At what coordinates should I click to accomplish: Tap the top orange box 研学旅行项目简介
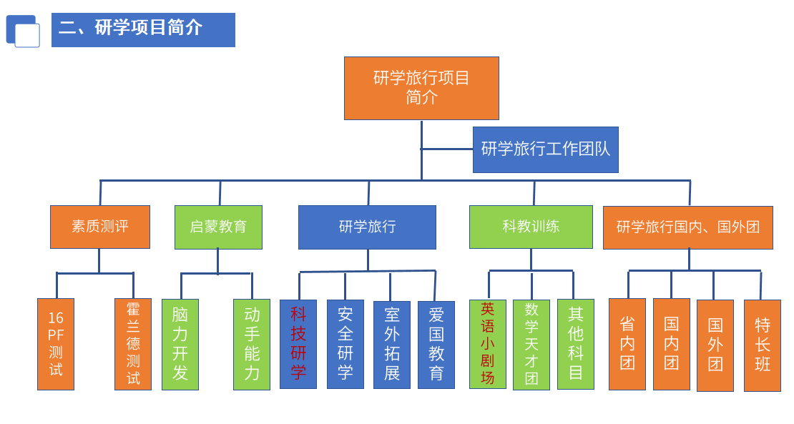tap(421, 88)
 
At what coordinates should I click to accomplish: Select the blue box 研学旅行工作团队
tap(545, 149)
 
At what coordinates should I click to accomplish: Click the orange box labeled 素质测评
tap(100, 227)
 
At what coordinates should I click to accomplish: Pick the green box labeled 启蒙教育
tap(218, 227)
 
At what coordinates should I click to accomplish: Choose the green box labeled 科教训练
tap(531, 227)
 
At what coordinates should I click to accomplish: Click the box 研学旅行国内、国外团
tap(687, 227)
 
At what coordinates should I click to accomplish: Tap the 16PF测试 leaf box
tap(56, 344)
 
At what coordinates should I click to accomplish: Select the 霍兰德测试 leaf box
tap(133, 344)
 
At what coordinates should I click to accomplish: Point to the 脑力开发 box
tap(180, 345)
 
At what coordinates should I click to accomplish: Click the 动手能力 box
tap(252, 345)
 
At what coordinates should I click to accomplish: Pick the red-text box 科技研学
tap(298, 344)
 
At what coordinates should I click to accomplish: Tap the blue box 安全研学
tap(345, 344)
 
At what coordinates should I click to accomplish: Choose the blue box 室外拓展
tap(392, 345)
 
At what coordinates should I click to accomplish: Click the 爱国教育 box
tap(436, 345)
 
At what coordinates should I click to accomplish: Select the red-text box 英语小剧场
tap(488, 344)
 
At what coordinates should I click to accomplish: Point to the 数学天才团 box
tap(531, 345)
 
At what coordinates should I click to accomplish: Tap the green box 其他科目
tap(576, 344)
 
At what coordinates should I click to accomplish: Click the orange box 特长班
tap(763, 345)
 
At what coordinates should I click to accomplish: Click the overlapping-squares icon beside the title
tap(23, 31)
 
